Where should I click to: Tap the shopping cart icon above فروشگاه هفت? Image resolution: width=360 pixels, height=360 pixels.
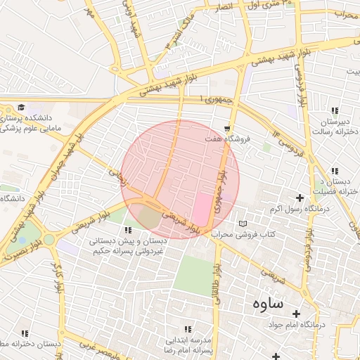click(227, 129)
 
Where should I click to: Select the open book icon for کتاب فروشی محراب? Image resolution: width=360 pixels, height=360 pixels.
click(243, 224)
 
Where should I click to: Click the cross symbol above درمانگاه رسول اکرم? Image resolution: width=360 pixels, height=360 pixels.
click(301, 198)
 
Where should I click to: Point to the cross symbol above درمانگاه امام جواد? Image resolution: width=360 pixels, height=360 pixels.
click(296, 314)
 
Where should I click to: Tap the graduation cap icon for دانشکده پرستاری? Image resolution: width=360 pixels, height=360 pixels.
click(21, 108)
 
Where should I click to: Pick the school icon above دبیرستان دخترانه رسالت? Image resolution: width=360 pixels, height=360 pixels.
click(335, 110)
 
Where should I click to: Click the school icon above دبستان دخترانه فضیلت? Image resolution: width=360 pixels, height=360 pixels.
click(335, 171)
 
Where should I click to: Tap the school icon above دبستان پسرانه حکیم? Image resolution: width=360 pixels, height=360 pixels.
click(127, 230)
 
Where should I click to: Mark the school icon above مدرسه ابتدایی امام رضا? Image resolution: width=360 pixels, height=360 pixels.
click(187, 328)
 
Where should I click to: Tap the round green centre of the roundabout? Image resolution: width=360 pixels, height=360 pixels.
click(49, 240)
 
